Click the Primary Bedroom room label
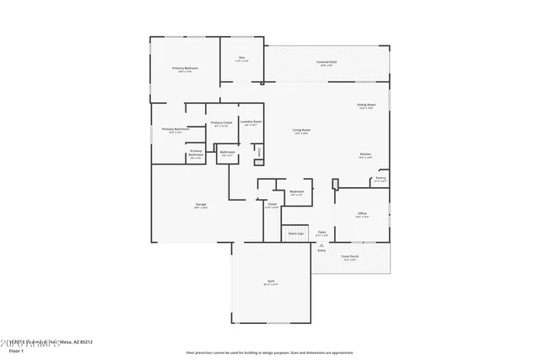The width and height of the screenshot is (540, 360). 184,68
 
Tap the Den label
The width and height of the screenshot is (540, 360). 241,58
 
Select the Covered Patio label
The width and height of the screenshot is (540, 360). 327,62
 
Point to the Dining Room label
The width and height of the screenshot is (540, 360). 366,105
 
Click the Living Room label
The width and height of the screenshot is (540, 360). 301,130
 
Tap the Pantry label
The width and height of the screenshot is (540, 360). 381,178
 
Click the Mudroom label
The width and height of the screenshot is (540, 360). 297,191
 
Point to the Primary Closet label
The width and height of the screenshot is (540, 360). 221,123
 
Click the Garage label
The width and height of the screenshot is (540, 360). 201,205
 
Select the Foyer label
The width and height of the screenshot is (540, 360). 321,231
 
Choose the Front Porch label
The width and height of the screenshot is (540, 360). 350,256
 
